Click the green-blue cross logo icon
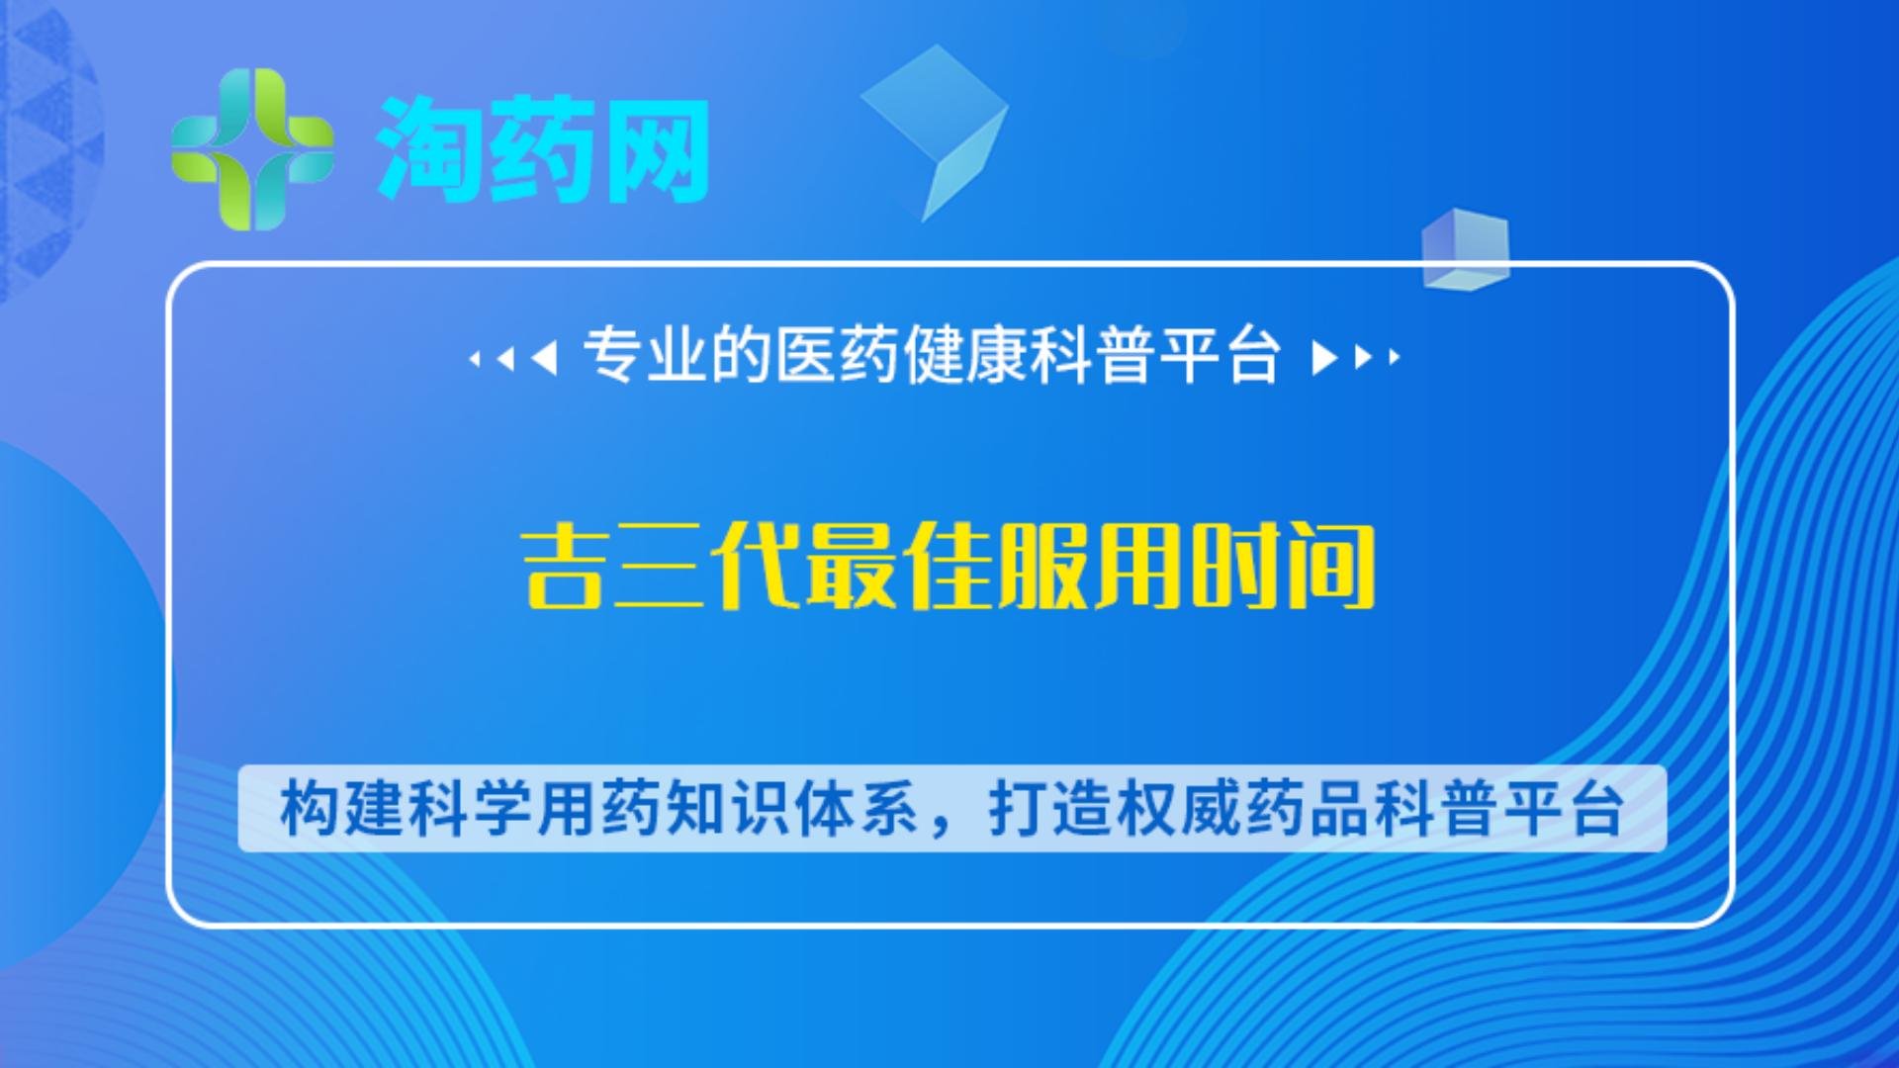click(x=252, y=149)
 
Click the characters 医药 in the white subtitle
click(x=838, y=355)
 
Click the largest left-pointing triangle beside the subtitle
click(x=544, y=357)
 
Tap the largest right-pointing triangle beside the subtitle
click(x=1324, y=357)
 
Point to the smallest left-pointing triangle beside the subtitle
click(x=475, y=358)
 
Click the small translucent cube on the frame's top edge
click(x=1466, y=249)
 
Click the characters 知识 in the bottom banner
click(x=727, y=809)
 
